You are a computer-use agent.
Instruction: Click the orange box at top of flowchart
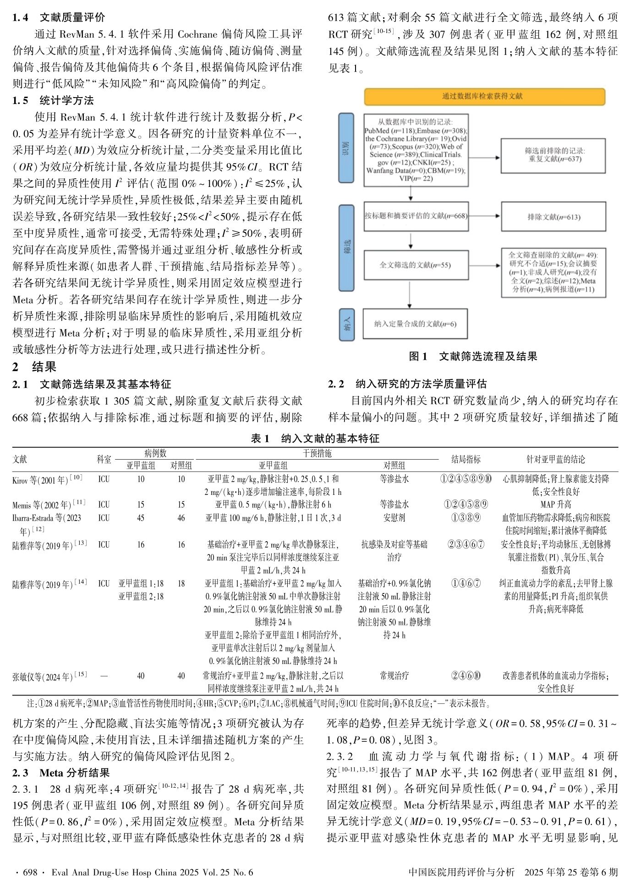pos(484,96)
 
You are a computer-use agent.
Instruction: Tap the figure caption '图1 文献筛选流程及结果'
pos(473,357)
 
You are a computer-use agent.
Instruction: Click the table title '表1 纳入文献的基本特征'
pos(315,439)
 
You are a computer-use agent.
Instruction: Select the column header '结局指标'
pos(466,459)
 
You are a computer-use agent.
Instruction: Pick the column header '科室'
pos(104,459)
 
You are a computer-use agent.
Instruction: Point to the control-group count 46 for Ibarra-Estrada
pos(181,518)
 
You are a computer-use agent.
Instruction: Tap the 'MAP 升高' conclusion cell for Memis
pos(555,505)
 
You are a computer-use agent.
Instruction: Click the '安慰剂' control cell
pos(394,518)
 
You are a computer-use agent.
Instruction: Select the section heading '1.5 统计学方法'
pos(53,101)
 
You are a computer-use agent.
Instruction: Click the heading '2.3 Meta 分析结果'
pos(61,773)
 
